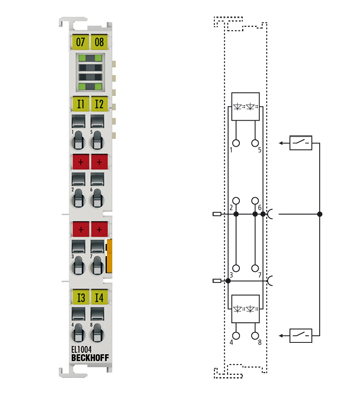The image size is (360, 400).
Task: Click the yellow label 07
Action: (x=80, y=43)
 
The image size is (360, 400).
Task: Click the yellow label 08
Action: (x=99, y=43)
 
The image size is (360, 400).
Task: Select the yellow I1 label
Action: (x=80, y=103)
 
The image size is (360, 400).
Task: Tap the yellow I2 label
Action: (x=99, y=103)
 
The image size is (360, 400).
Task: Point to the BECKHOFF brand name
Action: (x=90, y=361)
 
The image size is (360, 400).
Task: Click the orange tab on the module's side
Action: (x=111, y=255)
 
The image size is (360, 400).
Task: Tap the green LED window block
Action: (x=90, y=74)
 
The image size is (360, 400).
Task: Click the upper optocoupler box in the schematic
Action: (x=246, y=107)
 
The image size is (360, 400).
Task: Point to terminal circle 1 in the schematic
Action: (x=236, y=143)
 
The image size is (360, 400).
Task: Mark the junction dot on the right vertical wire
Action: (x=320, y=213)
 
